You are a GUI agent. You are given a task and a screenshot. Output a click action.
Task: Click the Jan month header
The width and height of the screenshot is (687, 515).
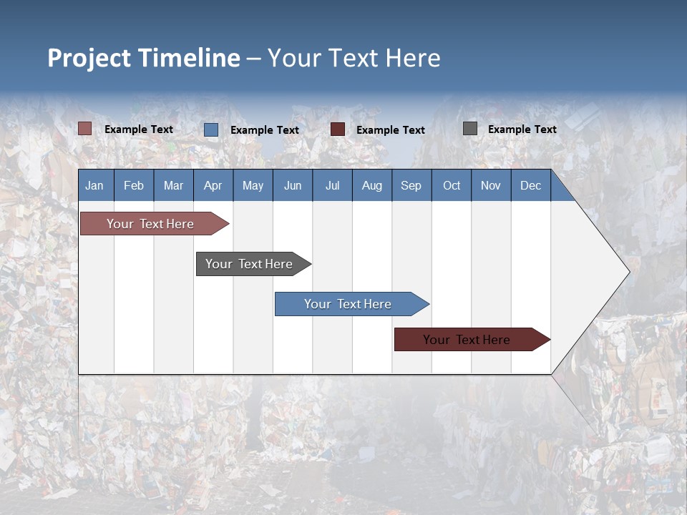[95, 185]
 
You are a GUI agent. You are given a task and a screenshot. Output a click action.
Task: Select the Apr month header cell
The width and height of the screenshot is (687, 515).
[213, 185]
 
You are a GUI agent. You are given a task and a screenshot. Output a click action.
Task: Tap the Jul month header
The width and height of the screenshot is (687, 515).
[332, 185]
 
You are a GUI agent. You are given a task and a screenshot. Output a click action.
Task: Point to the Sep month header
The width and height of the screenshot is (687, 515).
[411, 185]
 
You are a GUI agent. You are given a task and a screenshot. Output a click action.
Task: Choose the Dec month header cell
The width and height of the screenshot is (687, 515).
[530, 185]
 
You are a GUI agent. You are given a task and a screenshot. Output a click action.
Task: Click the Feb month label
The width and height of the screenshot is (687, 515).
[134, 185]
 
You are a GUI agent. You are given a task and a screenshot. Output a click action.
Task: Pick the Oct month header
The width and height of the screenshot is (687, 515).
[452, 185]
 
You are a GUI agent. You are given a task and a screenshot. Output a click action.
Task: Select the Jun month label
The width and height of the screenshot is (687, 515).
[293, 185]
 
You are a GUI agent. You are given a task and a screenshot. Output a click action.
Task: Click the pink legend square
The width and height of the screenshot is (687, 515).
[85, 129]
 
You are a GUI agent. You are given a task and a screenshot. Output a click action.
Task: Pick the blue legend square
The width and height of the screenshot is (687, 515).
[211, 129]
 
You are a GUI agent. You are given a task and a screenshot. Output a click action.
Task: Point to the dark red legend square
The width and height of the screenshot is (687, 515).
[338, 129]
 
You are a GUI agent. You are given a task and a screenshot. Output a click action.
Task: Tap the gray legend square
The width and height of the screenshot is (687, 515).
[470, 129]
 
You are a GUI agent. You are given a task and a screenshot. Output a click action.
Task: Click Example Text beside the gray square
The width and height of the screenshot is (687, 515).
[522, 129]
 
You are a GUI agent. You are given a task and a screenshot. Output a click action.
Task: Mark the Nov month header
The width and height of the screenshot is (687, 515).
[491, 185]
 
